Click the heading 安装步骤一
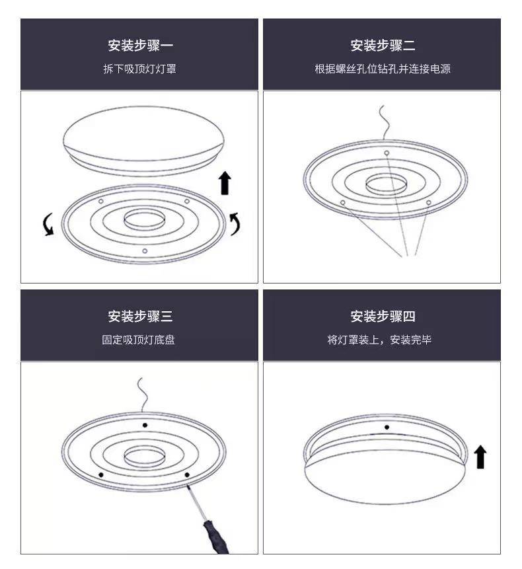[x=140, y=46]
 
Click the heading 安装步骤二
[x=383, y=46]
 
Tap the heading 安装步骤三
[x=140, y=317]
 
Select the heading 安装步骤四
[x=383, y=317]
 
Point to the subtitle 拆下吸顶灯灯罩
[x=139, y=69]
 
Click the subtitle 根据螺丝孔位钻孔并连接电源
[x=383, y=69]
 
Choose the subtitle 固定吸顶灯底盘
[x=138, y=340]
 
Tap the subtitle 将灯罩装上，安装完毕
[x=379, y=340]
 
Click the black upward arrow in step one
[x=225, y=183]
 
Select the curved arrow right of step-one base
[x=235, y=223]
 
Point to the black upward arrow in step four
[x=480, y=457]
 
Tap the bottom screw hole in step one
[x=145, y=250]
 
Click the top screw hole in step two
[x=387, y=153]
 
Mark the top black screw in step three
[x=145, y=425]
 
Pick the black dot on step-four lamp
[x=387, y=427]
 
